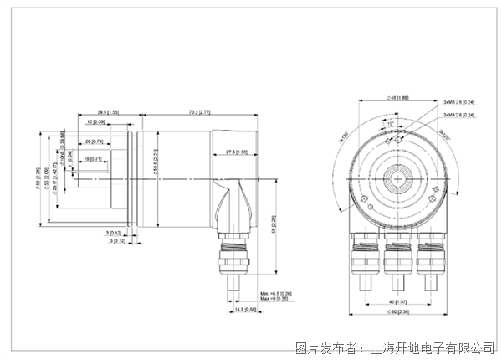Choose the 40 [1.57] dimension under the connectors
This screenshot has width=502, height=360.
point(394,301)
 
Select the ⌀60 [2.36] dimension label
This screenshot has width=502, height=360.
point(394,313)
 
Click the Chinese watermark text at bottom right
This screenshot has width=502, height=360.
point(393,345)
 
